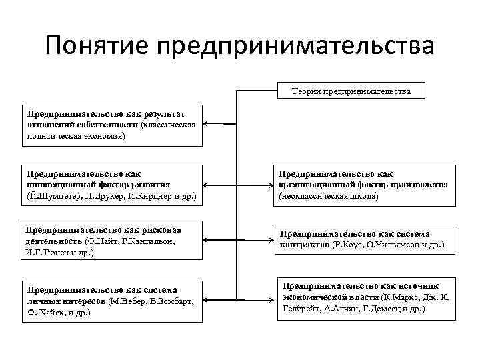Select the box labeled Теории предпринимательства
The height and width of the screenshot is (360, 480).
coord(351,91)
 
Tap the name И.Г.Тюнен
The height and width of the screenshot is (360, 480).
coord(45,253)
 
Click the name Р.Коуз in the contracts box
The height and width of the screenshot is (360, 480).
coord(350,245)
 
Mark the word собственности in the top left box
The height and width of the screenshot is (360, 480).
coord(111,124)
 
